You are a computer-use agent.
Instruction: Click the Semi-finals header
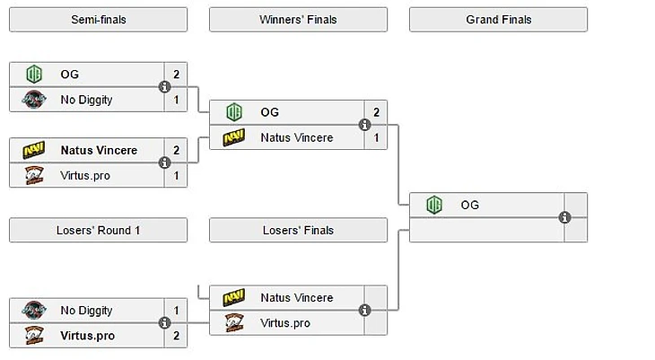point(98,20)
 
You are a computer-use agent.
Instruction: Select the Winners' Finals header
point(298,20)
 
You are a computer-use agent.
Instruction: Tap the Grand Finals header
point(498,20)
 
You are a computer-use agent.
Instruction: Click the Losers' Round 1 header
point(98,231)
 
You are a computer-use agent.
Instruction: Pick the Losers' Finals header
point(298,231)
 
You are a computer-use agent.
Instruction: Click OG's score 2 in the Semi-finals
point(176,75)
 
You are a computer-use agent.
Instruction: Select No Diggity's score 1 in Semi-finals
point(176,100)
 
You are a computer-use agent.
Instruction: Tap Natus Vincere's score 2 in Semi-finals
point(176,150)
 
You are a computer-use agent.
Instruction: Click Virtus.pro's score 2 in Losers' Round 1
point(176,336)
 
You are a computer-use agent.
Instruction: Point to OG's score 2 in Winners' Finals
point(376,112)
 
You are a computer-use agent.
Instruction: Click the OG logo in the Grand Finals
point(434,205)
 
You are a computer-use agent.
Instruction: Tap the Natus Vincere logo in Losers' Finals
point(234,297)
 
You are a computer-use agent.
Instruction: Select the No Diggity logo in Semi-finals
point(34,100)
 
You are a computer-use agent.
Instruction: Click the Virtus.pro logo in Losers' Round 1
point(34,336)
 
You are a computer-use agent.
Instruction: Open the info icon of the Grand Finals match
point(564,217)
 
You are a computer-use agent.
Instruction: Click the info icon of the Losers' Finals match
point(364,310)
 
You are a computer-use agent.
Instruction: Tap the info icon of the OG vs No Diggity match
point(164,87)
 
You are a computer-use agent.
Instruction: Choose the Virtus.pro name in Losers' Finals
point(285,323)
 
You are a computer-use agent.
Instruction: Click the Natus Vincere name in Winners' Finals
point(296,137)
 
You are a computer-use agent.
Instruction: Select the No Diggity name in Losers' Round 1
point(86,311)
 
